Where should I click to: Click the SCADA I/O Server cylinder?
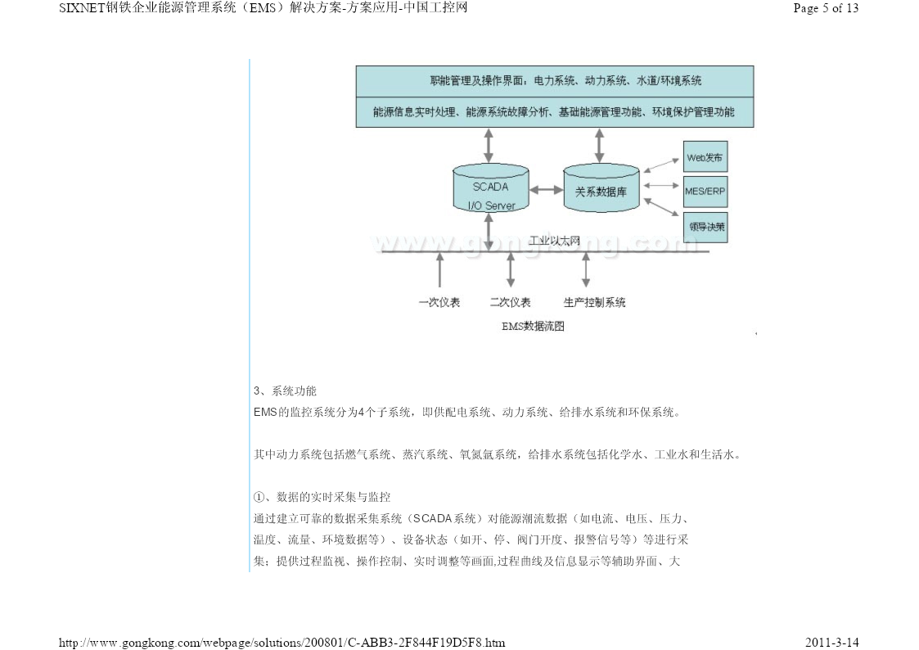pos(490,187)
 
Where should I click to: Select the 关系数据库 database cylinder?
pos(601,187)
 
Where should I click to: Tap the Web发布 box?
pos(705,156)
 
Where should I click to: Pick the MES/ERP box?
pos(705,191)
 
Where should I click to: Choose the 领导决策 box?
pos(705,228)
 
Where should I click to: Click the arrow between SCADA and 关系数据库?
pos(546,190)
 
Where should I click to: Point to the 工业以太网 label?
pos(555,241)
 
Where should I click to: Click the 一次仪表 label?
pos(439,302)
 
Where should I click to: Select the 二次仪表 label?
pos(511,302)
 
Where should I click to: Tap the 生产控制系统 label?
pos(594,302)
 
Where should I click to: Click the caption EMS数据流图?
pos(533,326)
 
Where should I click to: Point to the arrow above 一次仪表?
pos(439,269)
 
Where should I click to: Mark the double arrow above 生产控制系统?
pos(585,269)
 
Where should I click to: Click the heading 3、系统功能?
pos(285,391)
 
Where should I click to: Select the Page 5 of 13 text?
pos(826,8)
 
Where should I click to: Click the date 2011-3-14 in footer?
pos(831,643)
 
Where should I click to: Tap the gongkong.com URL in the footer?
pos(282,643)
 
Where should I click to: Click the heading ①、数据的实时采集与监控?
pos(322,497)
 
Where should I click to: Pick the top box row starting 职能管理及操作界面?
pos(555,81)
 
